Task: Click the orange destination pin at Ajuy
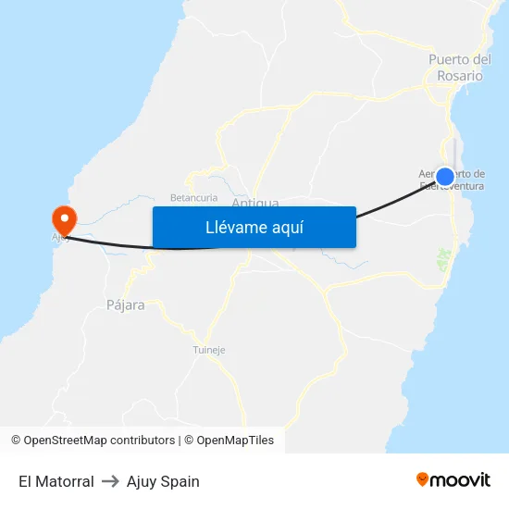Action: coord(64,219)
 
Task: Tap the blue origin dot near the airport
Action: coord(445,177)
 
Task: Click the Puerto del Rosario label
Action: coord(460,68)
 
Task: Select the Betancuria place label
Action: coord(193,197)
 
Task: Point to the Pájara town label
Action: coord(126,304)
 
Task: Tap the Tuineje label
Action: coord(208,350)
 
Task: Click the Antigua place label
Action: coord(254,203)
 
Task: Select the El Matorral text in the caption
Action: coord(56,481)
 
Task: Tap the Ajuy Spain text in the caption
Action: coord(163,481)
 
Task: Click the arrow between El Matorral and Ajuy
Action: coord(110,481)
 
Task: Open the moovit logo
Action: coord(453,480)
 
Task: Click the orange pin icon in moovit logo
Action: coord(423,480)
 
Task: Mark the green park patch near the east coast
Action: coord(442,260)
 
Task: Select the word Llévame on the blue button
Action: coord(232,227)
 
